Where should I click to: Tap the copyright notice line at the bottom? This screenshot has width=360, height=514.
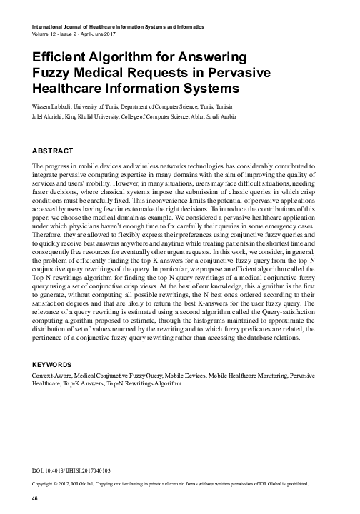171,483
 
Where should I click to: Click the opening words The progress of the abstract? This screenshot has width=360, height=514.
49,166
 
